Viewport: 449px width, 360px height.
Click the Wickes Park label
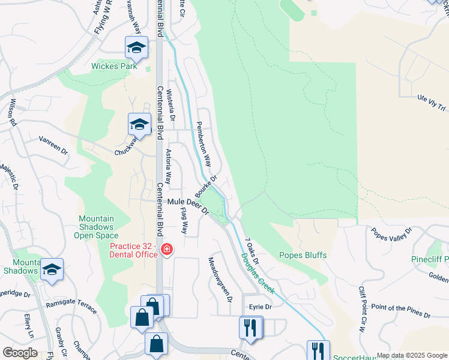(114, 67)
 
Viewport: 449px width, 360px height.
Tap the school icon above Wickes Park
(137, 47)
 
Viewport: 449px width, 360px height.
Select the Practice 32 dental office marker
(166, 249)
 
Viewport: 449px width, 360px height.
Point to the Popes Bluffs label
(303, 255)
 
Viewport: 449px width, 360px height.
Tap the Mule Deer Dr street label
(187, 206)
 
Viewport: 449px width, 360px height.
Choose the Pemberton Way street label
(204, 145)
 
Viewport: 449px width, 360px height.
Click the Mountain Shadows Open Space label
(96, 227)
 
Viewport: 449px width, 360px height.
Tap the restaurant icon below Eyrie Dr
(250, 328)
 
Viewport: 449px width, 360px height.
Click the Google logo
(20, 353)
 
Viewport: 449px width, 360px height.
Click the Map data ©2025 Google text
(412, 355)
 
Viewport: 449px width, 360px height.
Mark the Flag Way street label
(184, 221)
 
